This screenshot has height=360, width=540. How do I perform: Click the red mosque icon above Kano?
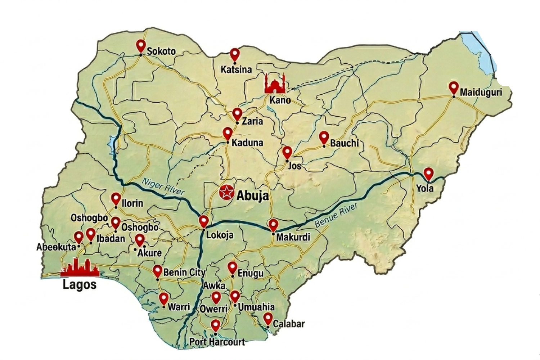click(275, 84)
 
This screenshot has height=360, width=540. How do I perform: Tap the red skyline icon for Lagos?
click(80, 268)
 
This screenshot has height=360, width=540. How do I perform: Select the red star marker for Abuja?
click(226, 193)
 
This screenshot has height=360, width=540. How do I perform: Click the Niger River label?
click(163, 186)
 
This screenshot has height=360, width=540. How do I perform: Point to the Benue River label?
click(336, 215)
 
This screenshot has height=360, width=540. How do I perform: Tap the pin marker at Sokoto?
click(141, 46)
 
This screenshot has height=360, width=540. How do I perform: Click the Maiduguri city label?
click(481, 92)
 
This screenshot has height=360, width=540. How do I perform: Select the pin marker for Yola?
click(428, 174)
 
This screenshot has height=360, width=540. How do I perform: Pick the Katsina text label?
click(236, 69)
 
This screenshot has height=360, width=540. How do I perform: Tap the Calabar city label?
click(289, 324)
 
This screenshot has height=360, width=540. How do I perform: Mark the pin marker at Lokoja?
click(204, 221)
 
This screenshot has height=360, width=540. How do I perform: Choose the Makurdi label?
click(293, 237)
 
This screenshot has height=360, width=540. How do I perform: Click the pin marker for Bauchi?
click(324, 138)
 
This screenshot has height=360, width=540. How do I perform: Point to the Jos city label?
click(294, 166)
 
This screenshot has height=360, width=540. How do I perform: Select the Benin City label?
click(184, 272)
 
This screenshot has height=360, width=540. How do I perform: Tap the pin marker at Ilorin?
click(116, 198)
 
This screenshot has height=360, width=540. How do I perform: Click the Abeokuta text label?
click(56, 247)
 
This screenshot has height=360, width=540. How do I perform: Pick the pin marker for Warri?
click(164, 298)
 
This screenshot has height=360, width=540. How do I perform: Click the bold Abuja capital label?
click(252, 195)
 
